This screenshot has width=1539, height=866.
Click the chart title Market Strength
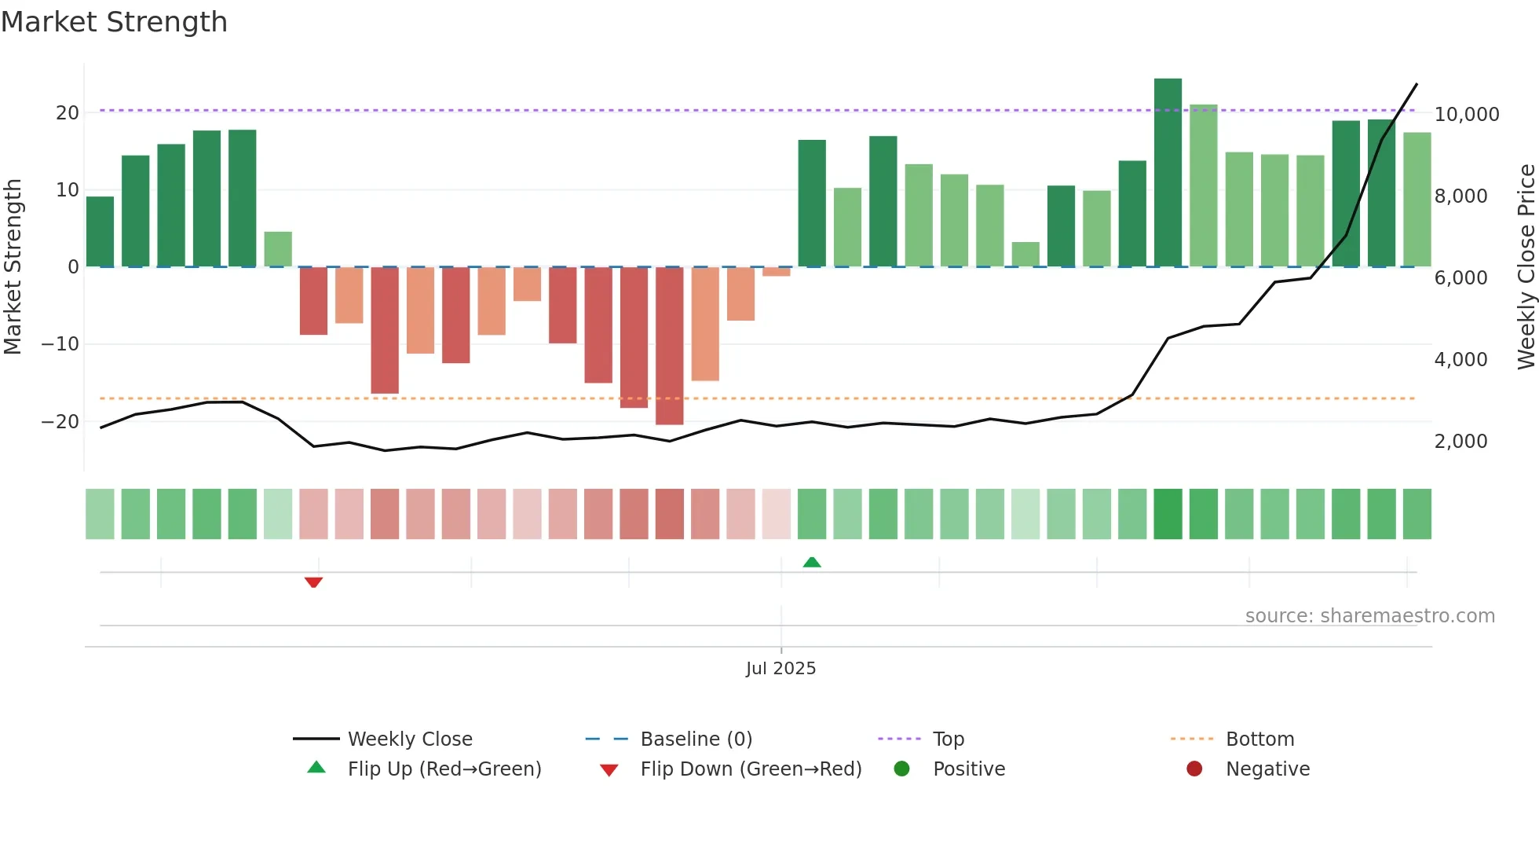click(x=114, y=22)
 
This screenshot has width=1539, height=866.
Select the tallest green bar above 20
click(x=1168, y=173)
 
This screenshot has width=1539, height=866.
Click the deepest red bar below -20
click(x=669, y=346)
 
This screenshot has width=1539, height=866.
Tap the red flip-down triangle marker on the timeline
click(x=313, y=582)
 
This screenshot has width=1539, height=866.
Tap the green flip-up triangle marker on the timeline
click(x=812, y=562)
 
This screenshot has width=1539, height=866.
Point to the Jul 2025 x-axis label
click(x=780, y=668)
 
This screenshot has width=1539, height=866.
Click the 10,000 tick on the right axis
click(x=1466, y=115)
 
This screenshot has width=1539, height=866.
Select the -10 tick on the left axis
click(x=60, y=344)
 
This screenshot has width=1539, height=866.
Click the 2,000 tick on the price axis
click(x=1460, y=442)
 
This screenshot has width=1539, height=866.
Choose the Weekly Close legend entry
click(x=409, y=739)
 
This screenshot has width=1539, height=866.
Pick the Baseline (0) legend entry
click(x=696, y=739)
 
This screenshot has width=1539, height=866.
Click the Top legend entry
click(x=948, y=739)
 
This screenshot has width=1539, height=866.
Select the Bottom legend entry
click(x=1259, y=739)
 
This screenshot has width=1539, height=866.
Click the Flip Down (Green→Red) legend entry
click(x=750, y=769)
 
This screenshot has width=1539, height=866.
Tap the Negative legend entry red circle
click(x=1194, y=769)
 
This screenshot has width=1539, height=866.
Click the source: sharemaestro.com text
click(x=1369, y=616)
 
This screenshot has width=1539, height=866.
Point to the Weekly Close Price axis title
click(x=1526, y=266)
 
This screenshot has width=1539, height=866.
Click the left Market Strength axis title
click(x=13, y=266)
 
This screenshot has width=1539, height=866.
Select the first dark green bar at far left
click(x=100, y=232)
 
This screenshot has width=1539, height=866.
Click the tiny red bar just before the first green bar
click(x=776, y=272)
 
